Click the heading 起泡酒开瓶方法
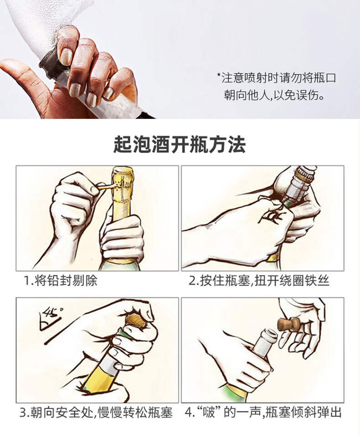[x=180, y=144]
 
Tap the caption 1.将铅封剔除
[x=60, y=281]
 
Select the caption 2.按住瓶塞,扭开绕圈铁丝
[x=259, y=281]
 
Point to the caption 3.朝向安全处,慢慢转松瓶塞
[x=96, y=412]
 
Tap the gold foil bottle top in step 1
[x=123, y=185]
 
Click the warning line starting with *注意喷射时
[x=277, y=78]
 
